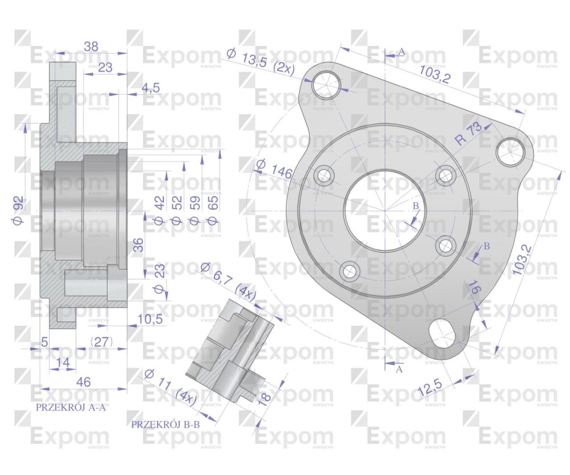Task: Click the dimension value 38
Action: pos(91,46)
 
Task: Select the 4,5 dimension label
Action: pos(150,89)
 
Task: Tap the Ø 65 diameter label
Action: pos(212,210)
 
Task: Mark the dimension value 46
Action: pos(84,382)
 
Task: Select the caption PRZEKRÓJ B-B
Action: pos(165,424)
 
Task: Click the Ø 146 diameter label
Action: pos(274,170)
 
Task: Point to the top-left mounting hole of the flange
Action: pos(326,84)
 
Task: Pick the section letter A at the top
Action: pos(401,51)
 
